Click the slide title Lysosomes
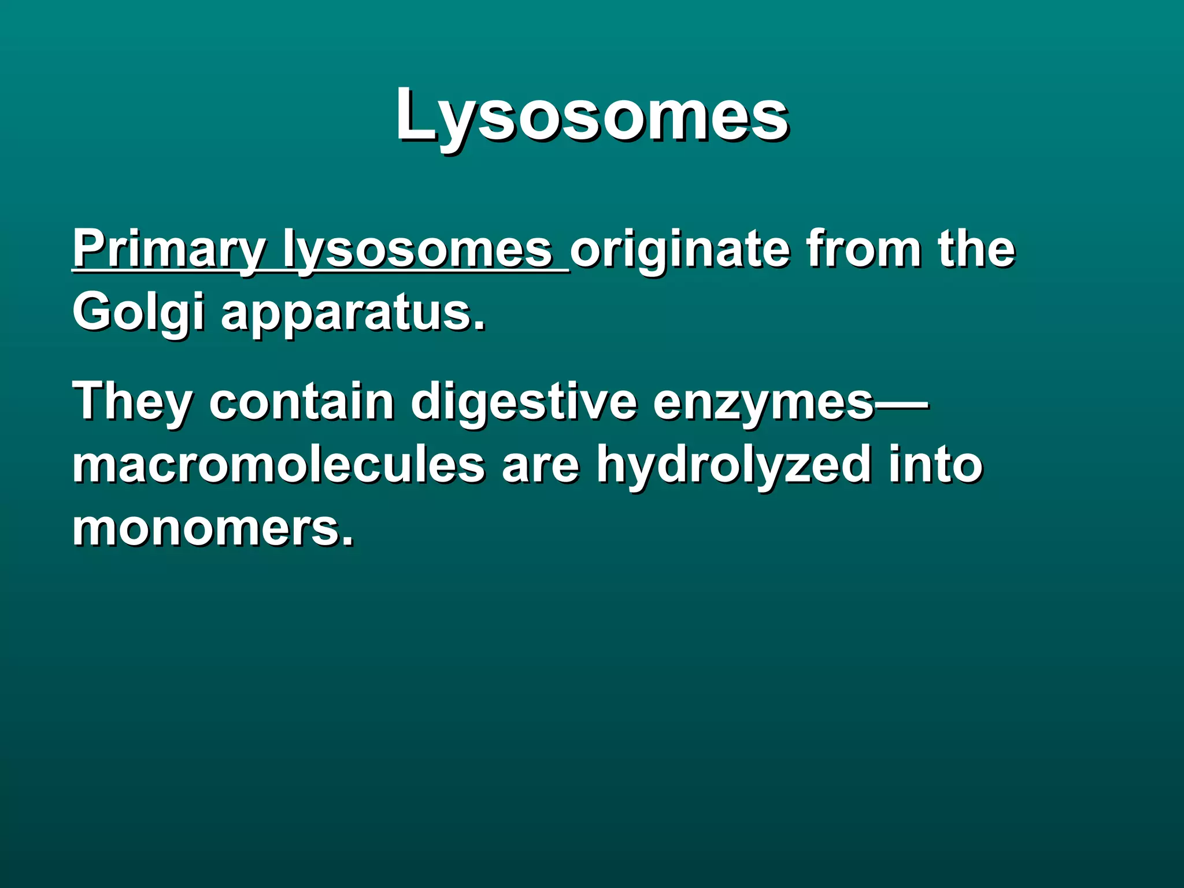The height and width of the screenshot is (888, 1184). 591,116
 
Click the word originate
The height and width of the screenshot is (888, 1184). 680,250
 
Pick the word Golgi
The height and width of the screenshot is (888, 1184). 138,313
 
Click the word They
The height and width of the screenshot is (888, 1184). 132,402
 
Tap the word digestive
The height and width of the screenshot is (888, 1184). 523,402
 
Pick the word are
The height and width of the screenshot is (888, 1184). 540,466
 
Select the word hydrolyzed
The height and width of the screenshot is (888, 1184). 734,466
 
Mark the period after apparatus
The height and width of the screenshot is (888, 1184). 479,327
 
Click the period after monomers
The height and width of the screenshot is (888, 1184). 347,541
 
